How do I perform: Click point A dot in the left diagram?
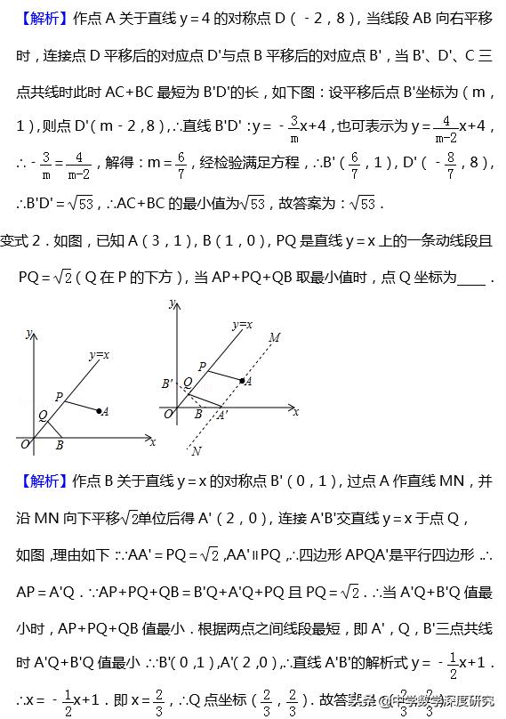pyautogui.click(x=97, y=410)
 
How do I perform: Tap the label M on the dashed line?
pyautogui.click(x=274, y=337)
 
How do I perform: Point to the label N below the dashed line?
pyautogui.click(x=196, y=451)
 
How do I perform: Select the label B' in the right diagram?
pyautogui.click(x=167, y=384)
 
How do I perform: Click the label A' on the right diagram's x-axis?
pyautogui.click(x=221, y=415)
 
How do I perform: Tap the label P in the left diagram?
pyautogui.click(x=59, y=396)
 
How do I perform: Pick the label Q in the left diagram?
pyautogui.click(x=43, y=415)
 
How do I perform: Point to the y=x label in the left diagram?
pyautogui.click(x=99, y=355)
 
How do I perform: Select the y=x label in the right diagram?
pyautogui.click(x=242, y=326)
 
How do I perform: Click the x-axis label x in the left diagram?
pyautogui.click(x=153, y=441)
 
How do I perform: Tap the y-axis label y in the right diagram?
pyautogui.click(x=169, y=304)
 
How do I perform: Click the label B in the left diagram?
pyautogui.click(x=59, y=445)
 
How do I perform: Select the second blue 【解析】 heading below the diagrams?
pyautogui.click(x=41, y=481)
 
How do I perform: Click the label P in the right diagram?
pyautogui.click(x=202, y=365)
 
